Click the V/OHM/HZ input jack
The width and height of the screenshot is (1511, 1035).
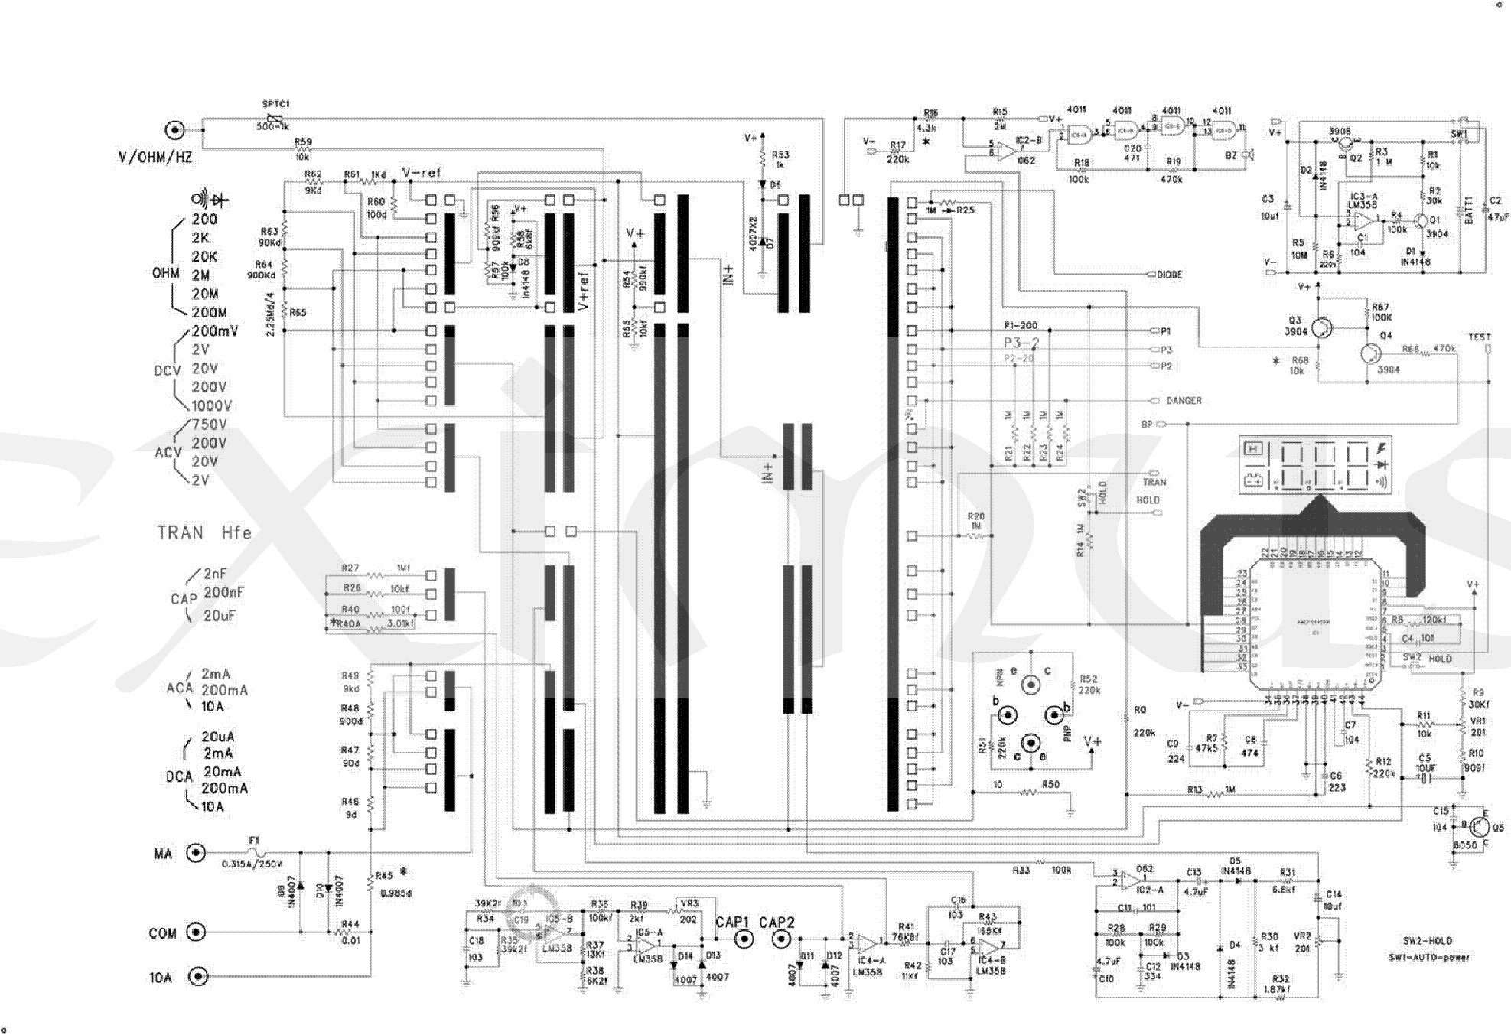tap(176, 130)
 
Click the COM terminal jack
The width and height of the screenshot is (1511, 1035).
tap(197, 932)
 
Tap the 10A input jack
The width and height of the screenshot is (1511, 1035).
tap(198, 976)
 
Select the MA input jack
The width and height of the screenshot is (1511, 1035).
tap(197, 852)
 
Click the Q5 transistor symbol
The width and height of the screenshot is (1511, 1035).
tap(1480, 827)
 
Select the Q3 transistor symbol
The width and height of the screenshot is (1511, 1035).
tap(1321, 327)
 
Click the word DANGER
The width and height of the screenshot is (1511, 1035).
tap(1184, 401)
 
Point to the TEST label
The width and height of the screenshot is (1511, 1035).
tap(1479, 337)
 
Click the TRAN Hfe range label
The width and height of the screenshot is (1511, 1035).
tap(204, 532)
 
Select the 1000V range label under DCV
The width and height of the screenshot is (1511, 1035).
tap(212, 405)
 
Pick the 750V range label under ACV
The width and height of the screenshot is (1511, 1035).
tap(209, 425)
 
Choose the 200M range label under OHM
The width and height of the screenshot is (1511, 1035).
tap(209, 312)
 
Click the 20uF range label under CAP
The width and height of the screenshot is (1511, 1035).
tap(220, 615)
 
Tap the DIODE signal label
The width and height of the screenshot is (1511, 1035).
tap(1170, 275)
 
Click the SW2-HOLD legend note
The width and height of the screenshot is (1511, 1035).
tap(1428, 941)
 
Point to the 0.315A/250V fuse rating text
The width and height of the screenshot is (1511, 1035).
tap(252, 864)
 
